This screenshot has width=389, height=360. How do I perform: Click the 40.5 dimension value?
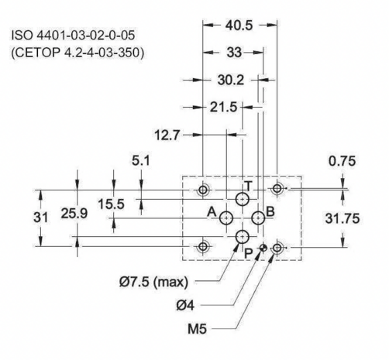pos(239,26)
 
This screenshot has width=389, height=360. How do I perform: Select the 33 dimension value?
pos(234,53)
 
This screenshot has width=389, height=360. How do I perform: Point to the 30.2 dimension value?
pos(231,80)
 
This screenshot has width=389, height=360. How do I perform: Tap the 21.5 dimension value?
pos(223,107)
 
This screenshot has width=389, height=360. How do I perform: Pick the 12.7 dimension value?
pos(167,135)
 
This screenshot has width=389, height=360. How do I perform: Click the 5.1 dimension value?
pos(141,161)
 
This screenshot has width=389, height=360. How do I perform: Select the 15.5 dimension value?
pos(111,204)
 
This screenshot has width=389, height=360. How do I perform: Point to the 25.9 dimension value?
pos(74,214)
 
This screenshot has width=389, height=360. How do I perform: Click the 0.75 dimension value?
pos(343,161)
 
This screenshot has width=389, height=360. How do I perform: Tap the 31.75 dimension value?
pos(343,218)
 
